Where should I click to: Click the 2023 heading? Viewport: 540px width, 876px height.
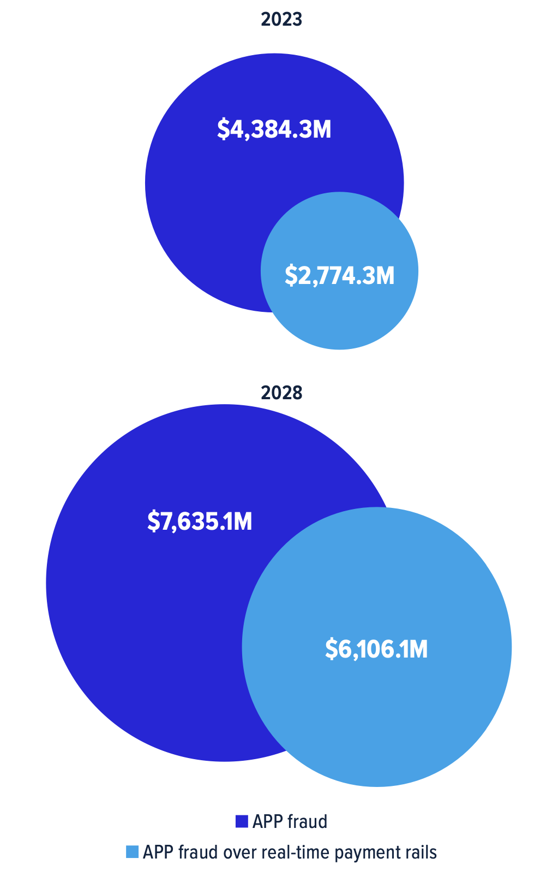point(281,20)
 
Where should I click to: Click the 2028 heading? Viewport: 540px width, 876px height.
point(281,393)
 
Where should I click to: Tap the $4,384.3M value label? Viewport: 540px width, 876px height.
point(274,129)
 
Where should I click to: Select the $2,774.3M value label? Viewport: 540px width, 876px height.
point(339,275)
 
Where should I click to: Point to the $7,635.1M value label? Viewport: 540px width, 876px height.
point(200,522)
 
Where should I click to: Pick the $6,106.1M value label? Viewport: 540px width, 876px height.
point(376,649)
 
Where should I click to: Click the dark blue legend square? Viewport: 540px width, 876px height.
point(242,821)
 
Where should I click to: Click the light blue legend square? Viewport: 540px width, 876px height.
point(132,852)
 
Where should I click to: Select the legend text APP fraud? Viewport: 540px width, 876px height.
point(290,821)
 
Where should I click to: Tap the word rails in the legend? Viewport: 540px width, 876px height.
point(421,852)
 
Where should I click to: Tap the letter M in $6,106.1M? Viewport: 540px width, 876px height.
point(418,649)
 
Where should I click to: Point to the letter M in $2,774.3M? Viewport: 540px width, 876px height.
point(385,275)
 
